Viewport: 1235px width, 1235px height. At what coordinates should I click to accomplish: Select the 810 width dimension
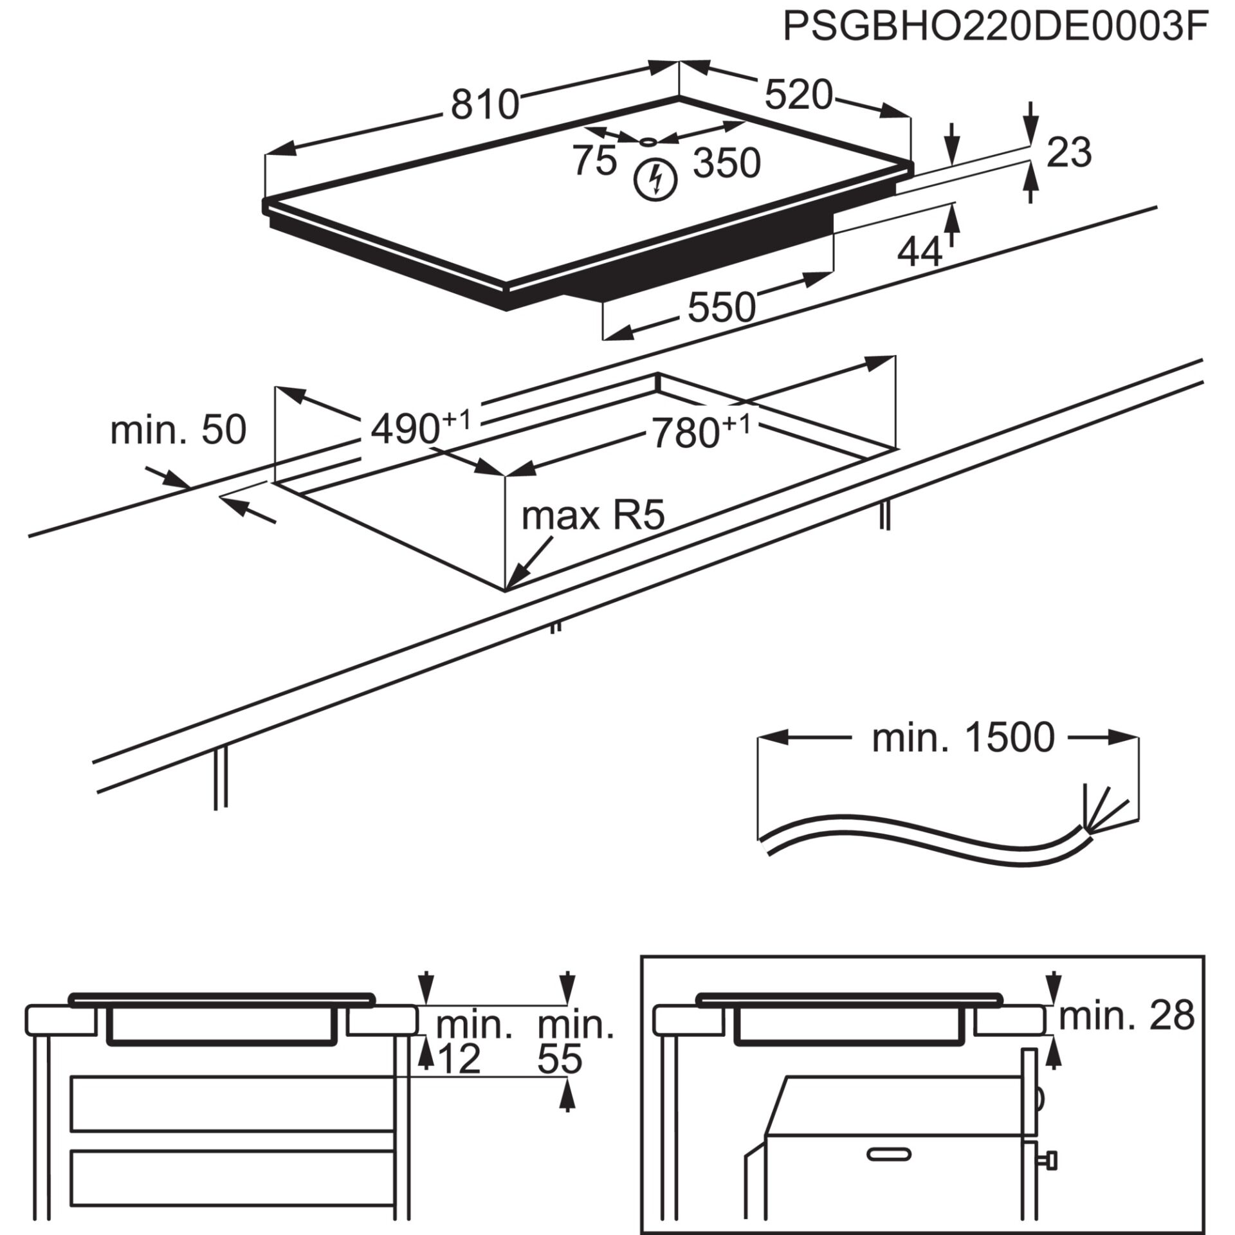[x=484, y=105]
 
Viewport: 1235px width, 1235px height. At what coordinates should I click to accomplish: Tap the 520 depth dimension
[x=798, y=95]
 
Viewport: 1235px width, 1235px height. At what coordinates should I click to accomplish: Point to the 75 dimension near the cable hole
[x=594, y=160]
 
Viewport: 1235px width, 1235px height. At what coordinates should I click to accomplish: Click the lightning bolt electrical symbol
[x=655, y=179]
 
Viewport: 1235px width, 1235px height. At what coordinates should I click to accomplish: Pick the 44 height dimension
[x=919, y=253]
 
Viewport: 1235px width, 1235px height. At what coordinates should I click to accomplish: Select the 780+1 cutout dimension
[x=700, y=432]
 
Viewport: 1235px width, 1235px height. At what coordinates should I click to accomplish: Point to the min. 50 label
[x=178, y=430]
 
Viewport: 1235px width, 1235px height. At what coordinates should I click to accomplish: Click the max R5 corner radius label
[x=592, y=516]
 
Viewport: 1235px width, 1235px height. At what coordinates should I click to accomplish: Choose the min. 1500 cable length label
[x=963, y=738]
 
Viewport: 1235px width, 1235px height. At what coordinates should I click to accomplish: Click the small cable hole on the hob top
[x=649, y=142]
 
